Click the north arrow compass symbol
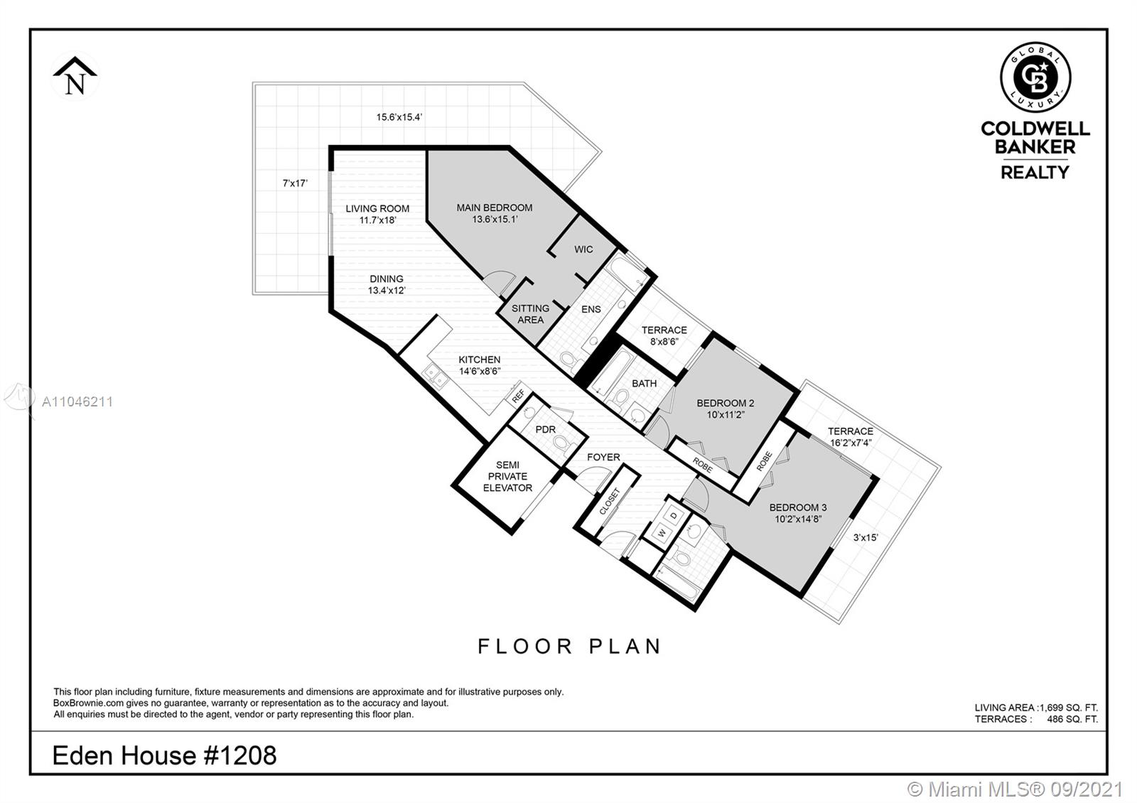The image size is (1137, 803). [x=75, y=75]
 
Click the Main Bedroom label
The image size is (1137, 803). [x=495, y=208]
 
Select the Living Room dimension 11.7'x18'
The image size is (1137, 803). [x=377, y=220]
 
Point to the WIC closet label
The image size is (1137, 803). [x=583, y=249]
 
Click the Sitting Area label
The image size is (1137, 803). [x=530, y=314]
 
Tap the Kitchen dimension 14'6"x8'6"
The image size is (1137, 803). [x=480, y=371]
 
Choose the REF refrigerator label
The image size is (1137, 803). [x=518, y=396]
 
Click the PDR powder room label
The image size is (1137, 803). [x=545, y=429]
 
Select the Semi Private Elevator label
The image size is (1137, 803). [x=507, y=476]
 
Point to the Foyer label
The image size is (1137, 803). [x=603, y=457]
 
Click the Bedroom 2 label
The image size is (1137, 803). [x=726, y=403]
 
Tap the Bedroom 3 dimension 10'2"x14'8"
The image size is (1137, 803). [x=798, y=519]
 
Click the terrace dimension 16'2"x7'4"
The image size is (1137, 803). [x=851, y=443]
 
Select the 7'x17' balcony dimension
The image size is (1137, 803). [x=295, y=183]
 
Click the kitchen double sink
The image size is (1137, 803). [x=436, y=377]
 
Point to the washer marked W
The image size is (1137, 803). [x=662, y=533]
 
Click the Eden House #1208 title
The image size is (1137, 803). [x=164, y=755]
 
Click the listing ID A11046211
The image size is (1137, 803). [x=77, y=402]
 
